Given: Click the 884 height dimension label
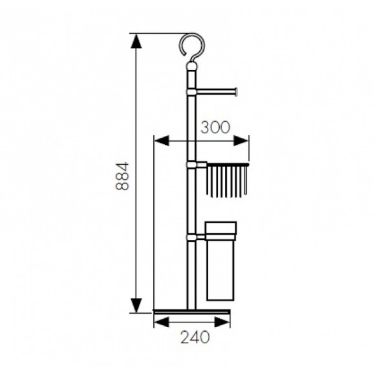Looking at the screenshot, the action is pos(122,177).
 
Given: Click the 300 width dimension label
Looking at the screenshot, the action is pos(215,127).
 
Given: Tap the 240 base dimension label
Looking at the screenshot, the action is pos(195,337).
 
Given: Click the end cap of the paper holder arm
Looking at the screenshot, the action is pos(236,92).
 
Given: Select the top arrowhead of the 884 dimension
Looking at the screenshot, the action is pos(136,41).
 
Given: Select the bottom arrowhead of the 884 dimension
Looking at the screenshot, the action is pos(136,305).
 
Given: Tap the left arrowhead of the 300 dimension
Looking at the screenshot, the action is pos(162,141).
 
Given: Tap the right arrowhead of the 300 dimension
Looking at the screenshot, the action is pos(241,141).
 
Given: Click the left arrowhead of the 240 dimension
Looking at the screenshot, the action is pos(162,322).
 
